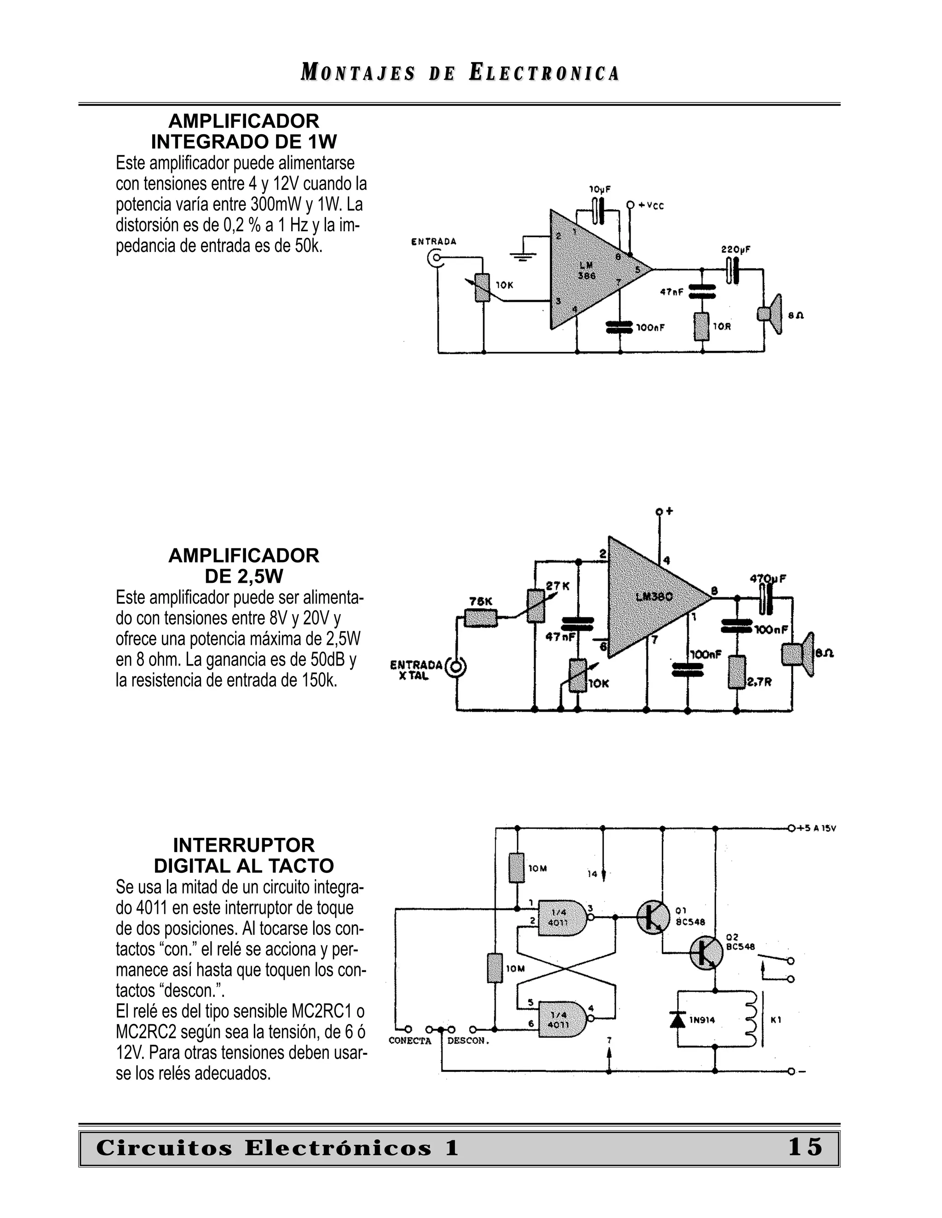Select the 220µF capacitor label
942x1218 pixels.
pos(735,250)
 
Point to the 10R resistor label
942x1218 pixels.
pos(722,327)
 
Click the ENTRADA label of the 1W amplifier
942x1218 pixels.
pos(434,241)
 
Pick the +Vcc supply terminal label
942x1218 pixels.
pos(651,206)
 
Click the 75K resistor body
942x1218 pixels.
pos(481,618)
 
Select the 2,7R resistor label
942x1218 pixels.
pos(759,682)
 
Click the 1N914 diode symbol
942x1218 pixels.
pos(678,1019)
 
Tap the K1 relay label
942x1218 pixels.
pos(775,1020)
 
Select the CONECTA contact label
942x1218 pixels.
pos(410,1041)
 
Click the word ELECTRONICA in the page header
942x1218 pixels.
pos(544,73)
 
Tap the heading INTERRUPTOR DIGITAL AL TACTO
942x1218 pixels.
pos(244,855)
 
